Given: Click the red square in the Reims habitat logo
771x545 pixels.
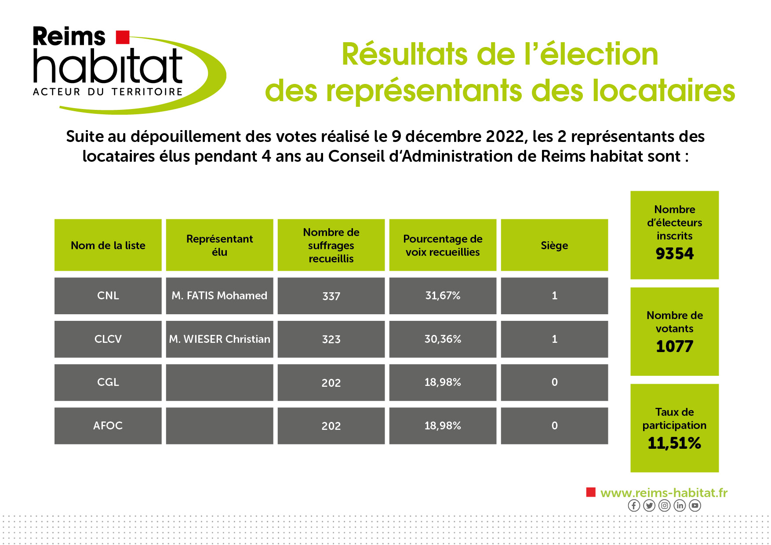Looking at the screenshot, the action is pyautogui.click(x=123, y=37).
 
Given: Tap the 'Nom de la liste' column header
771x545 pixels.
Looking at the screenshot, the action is pyautogui.click(x=108, y=245).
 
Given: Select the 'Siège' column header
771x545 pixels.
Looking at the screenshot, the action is pyautogui.click(x=554, y=245).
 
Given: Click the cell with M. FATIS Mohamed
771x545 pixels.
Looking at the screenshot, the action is pyautogui.click(x=219, y=296).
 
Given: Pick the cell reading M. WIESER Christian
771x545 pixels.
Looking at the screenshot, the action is pyautogui.click(x=219, y=339).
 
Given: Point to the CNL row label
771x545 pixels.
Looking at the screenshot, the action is pyautogui.click(x=108, y=296).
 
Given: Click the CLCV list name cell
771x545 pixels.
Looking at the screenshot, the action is pyautogui.click(x=108, y=339).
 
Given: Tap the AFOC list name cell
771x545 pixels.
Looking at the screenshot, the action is pyautogui.click(x=108, y=426).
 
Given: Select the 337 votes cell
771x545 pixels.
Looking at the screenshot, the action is pyautogui.click(x=331, y=296).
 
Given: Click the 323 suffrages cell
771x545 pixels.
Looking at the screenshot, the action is pyautogui.click(x=331, y=339).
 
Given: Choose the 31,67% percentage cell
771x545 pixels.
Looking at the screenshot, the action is pyautogui.click(x=443, y=296).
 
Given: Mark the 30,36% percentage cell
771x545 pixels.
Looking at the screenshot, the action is pyautogui.click(x=443, y=339).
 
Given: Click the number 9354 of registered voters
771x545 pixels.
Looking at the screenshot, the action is pyautogui.click(x=674, y=254).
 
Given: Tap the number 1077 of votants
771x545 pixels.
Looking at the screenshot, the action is pyautogui.click(x=674, y=346).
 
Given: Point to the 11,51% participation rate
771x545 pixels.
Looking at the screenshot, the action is pyautogui.click(x=674, y=443).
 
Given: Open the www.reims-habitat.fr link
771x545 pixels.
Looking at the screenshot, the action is pyautogui.click(x=664, y=493).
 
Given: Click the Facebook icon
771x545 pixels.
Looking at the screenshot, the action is pyautogui.click(x=634, y=505).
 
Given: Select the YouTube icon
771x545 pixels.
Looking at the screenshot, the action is pyautogui.click(x=695, y=505).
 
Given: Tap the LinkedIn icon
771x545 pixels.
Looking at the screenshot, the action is pyautogui.click(x=680, y=505).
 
